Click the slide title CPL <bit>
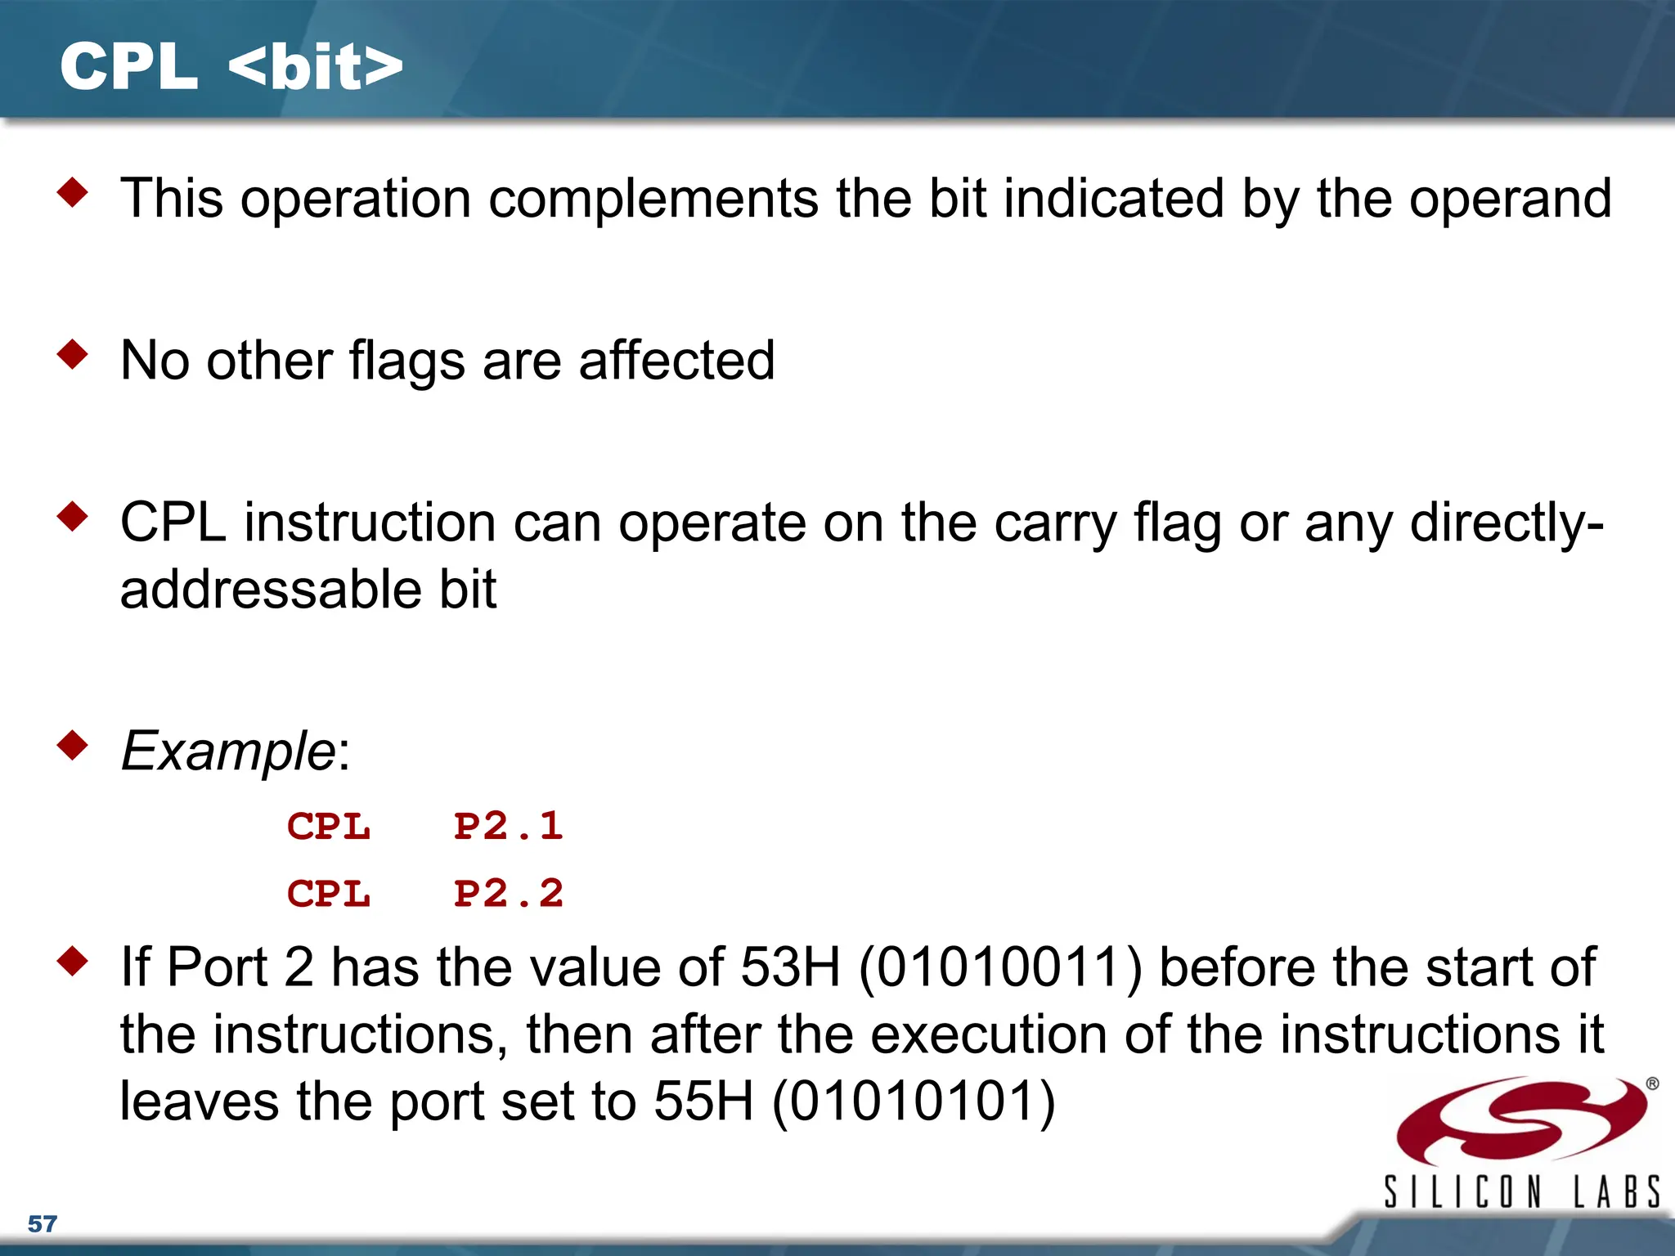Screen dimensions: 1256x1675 pos(231,67)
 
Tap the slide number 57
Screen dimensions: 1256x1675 pos(43,1224)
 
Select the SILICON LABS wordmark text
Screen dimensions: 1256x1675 pos(1521,1191)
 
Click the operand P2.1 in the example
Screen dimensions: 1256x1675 pos(508,826)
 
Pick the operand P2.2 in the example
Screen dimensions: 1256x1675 pos(508,893)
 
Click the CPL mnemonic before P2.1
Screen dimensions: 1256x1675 pos(329,826)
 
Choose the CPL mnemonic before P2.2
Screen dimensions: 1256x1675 pos(329,893)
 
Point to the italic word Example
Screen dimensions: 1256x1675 pos(227,751)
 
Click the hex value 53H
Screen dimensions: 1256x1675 pos(790,967)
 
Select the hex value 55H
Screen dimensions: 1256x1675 pos(703,1101)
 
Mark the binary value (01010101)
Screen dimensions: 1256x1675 pos(913,1102)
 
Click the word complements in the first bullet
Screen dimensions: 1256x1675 pos(653,200)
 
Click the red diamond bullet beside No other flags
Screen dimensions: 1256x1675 pos(73,355)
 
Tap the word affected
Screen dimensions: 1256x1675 pos(676,361)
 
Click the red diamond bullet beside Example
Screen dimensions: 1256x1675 pos(73,745)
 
